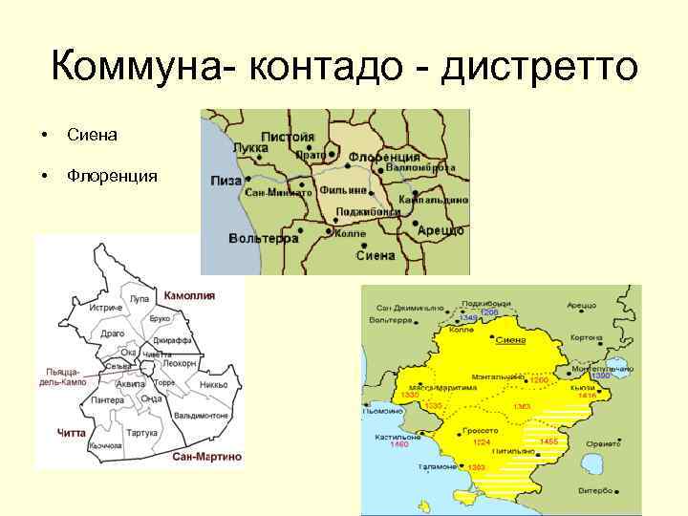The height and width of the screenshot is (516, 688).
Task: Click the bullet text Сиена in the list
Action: (93, 136)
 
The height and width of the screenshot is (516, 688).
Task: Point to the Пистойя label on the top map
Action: (288, 137)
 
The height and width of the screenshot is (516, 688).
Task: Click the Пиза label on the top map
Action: (226, 180)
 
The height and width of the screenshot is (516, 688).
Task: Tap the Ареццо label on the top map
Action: (441, 230)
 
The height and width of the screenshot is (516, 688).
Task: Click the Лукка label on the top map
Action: (251, 149)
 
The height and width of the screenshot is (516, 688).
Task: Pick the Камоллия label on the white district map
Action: (189, 296)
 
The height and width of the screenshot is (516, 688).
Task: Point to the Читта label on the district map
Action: (72, 433)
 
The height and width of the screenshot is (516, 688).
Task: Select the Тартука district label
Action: (141, 433)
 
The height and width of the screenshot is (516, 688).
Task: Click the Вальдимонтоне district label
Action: (203, 416)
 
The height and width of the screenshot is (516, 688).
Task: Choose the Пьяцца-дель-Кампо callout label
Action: (66, 376)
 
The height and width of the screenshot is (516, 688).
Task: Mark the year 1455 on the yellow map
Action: (548, 441)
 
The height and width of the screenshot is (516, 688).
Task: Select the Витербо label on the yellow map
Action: (594, 490)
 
